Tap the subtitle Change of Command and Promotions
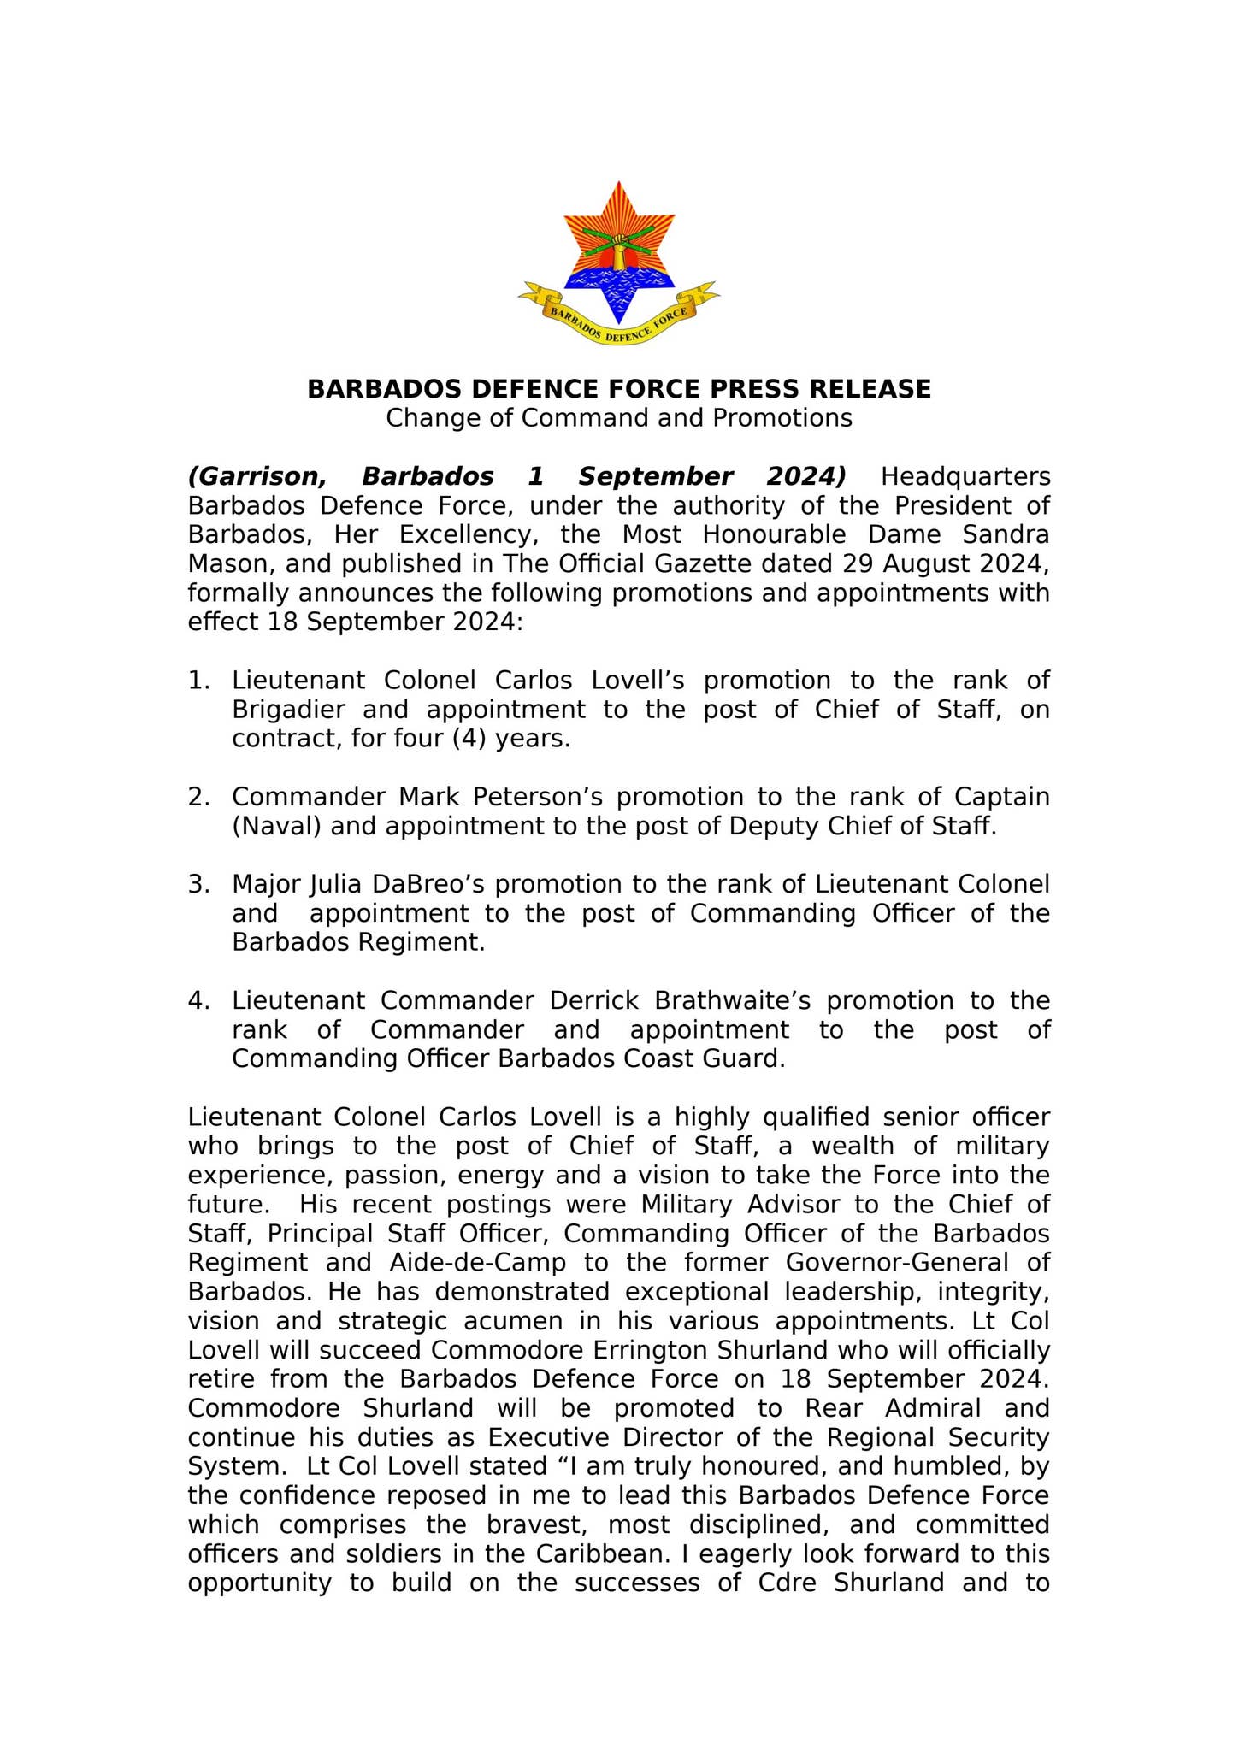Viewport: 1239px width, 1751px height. click(x=618, y=419)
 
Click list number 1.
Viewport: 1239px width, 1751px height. click(x=198, y=681)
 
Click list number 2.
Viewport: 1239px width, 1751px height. click(x=198, y=798)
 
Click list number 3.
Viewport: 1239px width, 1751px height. click(x=198, y=885)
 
